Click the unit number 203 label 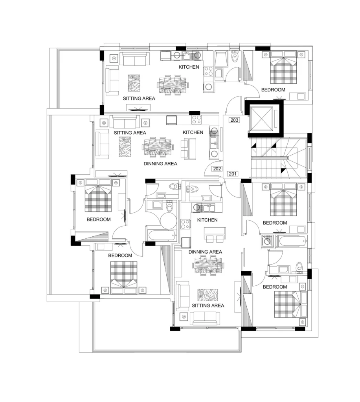coord(234,120)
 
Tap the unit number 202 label coord(217,169)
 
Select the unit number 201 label coord(233,174)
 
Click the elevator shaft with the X coord(261,119)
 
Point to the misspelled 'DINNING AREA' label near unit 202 coord(160,164)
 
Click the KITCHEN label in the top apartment coord(189,67)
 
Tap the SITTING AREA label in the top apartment coord(139,99)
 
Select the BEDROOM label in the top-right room coord(273,90)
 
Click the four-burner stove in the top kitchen coord(209,71)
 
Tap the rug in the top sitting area coord(134,83)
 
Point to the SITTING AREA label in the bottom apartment coord(208,305)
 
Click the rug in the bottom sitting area coord(208,295)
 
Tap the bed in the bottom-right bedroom coord(291,304)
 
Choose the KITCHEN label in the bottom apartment coord(208,220)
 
